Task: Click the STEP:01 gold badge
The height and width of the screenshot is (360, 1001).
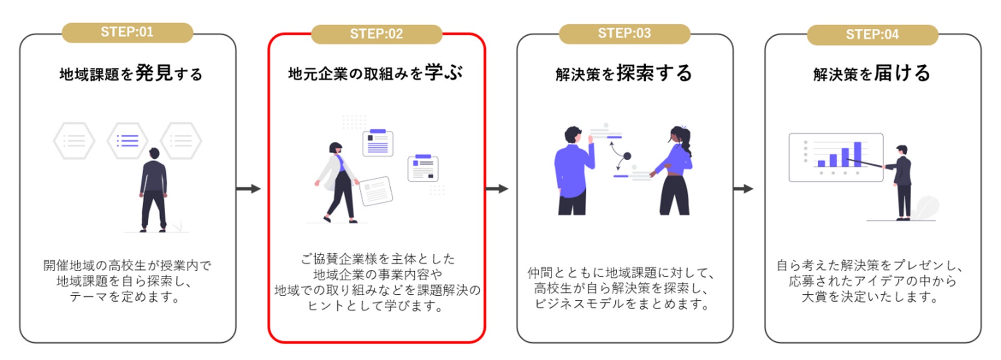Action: (127, 32)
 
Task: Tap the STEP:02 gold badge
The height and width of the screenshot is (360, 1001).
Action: (376, 34)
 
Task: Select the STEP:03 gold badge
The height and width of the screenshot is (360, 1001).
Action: (624, 34)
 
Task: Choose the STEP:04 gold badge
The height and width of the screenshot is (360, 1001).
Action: (872, 35)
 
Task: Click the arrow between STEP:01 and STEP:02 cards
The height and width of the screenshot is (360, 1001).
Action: (248, 189)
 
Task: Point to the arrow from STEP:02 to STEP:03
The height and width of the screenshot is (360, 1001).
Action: (496, 189)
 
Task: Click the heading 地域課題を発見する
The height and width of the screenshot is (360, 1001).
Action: (131, 73)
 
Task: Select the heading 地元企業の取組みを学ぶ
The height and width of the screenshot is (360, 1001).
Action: (376, 73)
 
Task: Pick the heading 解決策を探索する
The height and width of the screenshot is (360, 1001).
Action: (624, 73)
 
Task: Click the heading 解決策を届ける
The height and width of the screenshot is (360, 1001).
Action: (872, 73)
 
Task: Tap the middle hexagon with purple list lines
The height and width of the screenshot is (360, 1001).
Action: (127, 140)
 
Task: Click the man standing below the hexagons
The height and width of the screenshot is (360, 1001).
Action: (153, 190)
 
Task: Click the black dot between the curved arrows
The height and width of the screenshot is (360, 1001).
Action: (627, 156)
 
